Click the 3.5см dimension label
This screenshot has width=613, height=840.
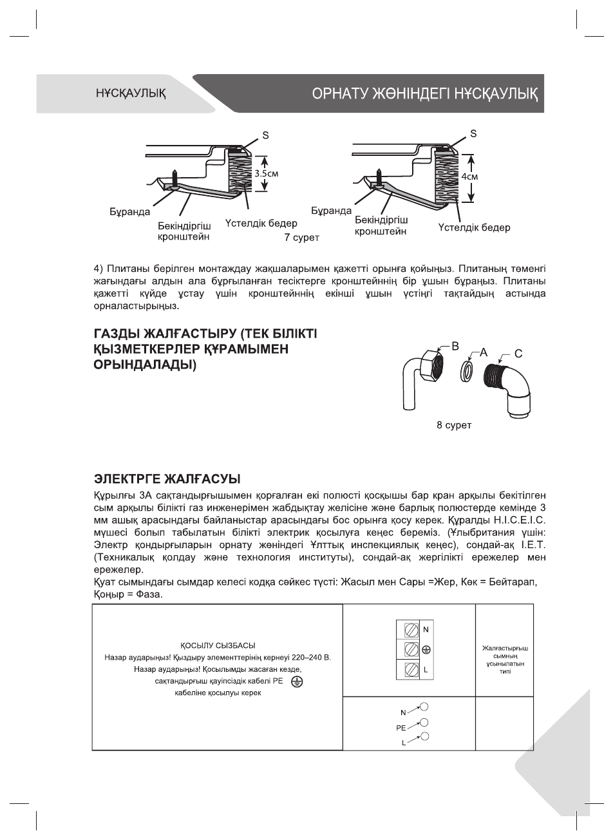[267, 173]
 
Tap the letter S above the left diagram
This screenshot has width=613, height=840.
[265, 135]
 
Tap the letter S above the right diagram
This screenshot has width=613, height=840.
[473, 133]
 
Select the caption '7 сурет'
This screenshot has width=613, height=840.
[302, 238]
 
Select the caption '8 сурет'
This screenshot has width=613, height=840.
[455, 426]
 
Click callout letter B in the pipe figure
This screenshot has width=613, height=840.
[455, 346]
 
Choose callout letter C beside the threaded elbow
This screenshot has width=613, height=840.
[518, 353]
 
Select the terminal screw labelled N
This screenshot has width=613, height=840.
[408, 629]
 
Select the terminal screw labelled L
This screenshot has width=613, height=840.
[408, 670]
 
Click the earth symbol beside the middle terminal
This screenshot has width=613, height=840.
[426, 649]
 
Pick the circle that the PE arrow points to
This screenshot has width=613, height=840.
[424, 722]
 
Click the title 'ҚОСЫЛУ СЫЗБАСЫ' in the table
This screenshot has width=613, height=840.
[217, 645]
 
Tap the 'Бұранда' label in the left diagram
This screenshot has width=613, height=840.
[129, 212]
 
